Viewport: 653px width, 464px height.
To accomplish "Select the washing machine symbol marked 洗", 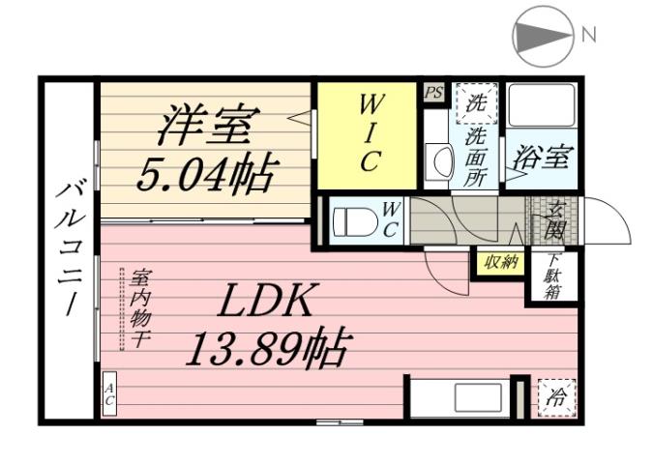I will tap(477, 99).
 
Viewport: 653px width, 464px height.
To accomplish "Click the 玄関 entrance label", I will tap(555, 220).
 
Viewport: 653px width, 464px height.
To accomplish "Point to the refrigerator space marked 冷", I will tap(556, 396).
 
